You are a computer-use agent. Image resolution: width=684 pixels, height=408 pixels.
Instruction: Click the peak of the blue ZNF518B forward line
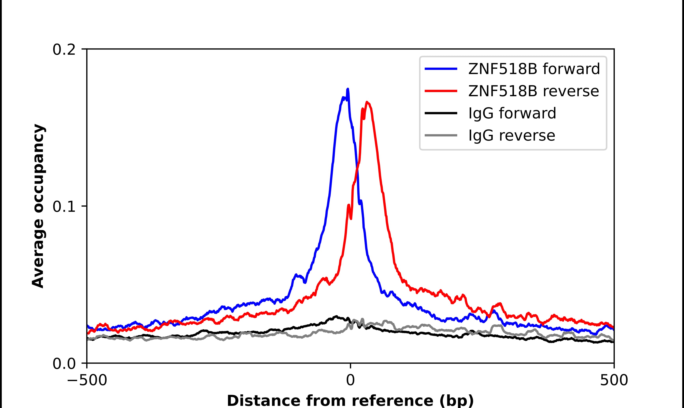(348, 89)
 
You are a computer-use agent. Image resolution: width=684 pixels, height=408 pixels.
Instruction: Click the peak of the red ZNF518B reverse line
(367, 102)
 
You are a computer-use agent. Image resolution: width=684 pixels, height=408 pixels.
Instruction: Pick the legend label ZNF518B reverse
(533, 91)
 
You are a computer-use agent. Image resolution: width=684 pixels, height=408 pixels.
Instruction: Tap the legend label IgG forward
(512, 113)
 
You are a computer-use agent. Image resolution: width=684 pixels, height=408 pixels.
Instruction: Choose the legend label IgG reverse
(512, 136)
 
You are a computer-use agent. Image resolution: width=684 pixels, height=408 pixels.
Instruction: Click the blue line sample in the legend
(441, 69)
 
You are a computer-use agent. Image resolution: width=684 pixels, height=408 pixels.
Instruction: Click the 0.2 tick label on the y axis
(64, 50)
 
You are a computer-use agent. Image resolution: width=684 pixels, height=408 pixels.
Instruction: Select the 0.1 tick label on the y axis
(64, 207)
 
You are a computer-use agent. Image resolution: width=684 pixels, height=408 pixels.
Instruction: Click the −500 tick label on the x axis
(87, 381)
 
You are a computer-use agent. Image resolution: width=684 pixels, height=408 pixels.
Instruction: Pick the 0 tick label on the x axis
(350, 381)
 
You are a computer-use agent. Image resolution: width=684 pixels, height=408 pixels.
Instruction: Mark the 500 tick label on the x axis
(614, 381)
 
